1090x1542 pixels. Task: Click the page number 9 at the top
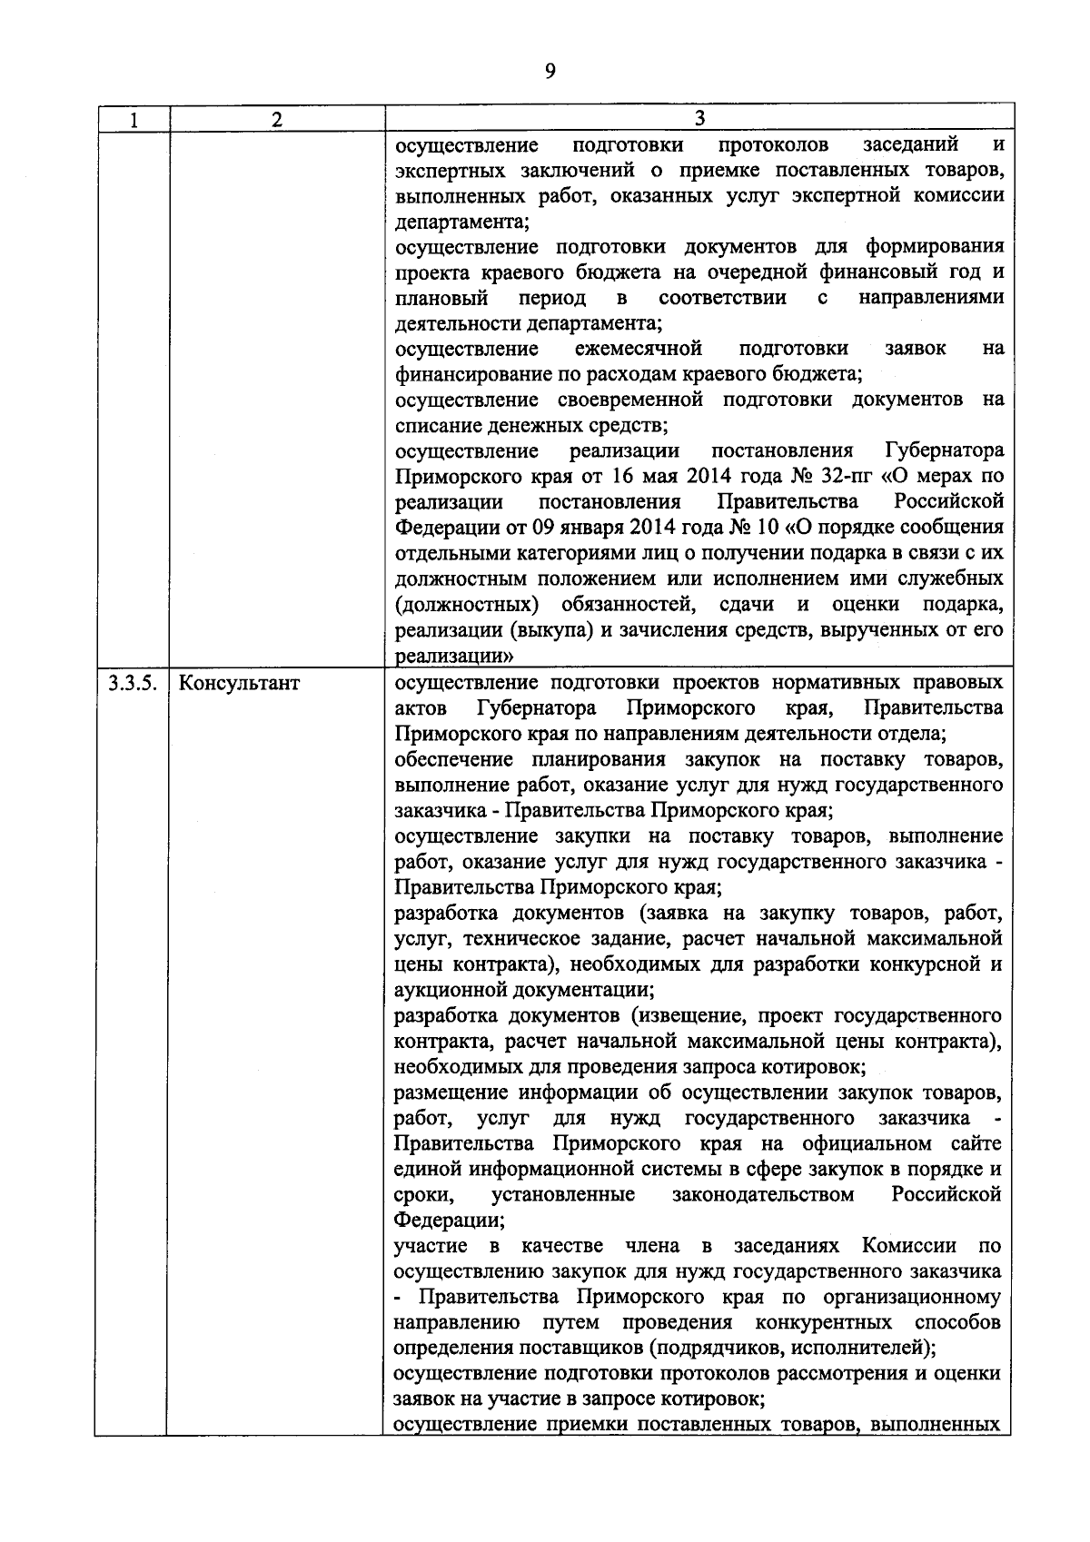pos(550,72)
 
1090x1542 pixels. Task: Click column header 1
pos(133,119)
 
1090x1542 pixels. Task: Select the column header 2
pos(277,119)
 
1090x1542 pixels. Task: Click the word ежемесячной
pos(639,349)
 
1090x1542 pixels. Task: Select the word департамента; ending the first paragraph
pos(462,221)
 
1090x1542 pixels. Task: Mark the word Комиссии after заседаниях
pos(909,1245)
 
